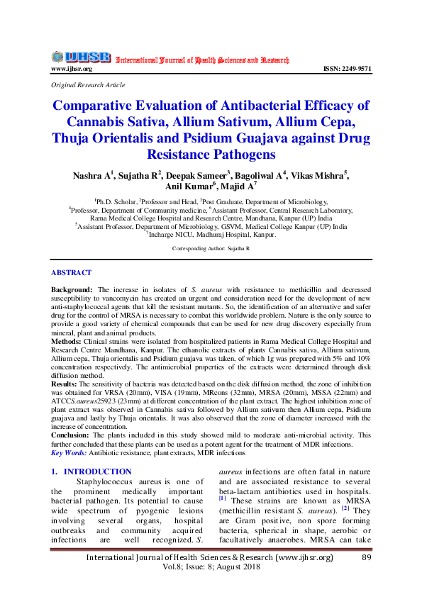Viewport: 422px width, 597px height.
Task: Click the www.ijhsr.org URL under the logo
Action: click(71, 69)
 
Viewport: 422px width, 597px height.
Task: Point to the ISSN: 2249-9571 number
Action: click(346, 69)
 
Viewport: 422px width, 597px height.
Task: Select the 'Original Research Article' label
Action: click(87, 84)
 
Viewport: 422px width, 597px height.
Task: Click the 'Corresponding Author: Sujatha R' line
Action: click(211, 250)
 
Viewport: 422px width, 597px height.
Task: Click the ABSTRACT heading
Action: click(71, 272)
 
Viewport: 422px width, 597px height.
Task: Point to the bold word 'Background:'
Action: click(72, 290)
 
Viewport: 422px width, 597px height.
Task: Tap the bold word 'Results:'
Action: click(65, 384)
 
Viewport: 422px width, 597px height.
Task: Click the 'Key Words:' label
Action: click(68, 452)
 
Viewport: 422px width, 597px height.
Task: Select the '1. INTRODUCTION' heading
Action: click(91, 472)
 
